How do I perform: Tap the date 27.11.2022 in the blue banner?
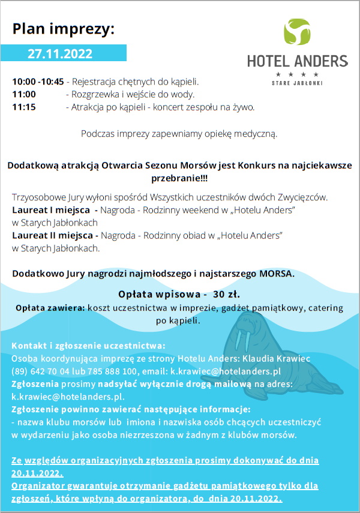(x=60, y=53)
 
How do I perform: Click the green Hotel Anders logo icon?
(x=296, y=33)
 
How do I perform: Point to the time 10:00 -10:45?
(x=38, y=82)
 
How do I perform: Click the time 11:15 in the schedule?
(x=24, y=107)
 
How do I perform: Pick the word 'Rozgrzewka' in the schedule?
(x=95, y=94)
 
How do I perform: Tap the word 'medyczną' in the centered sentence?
(x=255, y=134)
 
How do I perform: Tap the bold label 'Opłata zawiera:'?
(x=50, y=308)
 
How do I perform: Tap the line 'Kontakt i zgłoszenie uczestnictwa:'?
(x=88, y=346)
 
